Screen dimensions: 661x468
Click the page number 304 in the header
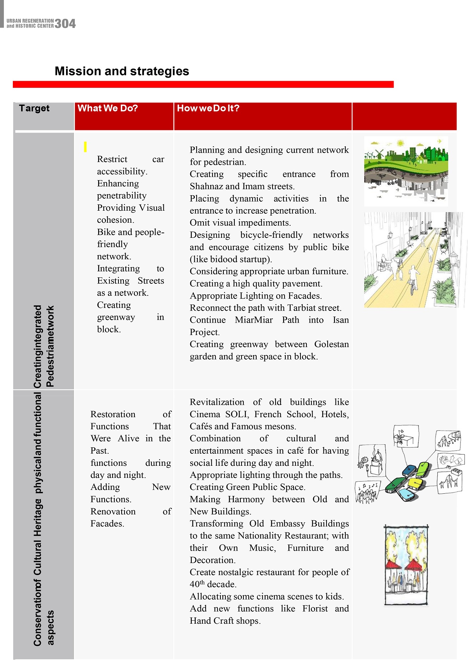(x=65, y=24)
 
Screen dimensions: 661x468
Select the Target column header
(x=34, y=108)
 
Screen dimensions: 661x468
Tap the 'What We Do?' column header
(x=108, y=108)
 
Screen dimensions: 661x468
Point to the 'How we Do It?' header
(x=208, y=108)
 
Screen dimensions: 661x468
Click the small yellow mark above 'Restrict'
(x=85, y=147)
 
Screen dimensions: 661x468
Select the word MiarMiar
(x=254, y=320)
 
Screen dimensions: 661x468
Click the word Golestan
(x=331, y=344)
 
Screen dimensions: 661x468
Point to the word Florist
(x=315, y=609)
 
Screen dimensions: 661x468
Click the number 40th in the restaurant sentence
(x=197, y=584)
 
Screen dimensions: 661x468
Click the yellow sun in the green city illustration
(x=400, y=143)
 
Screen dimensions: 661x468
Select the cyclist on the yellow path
(x=414, y=278)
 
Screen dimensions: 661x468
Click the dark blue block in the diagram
(x=409, y=471)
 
